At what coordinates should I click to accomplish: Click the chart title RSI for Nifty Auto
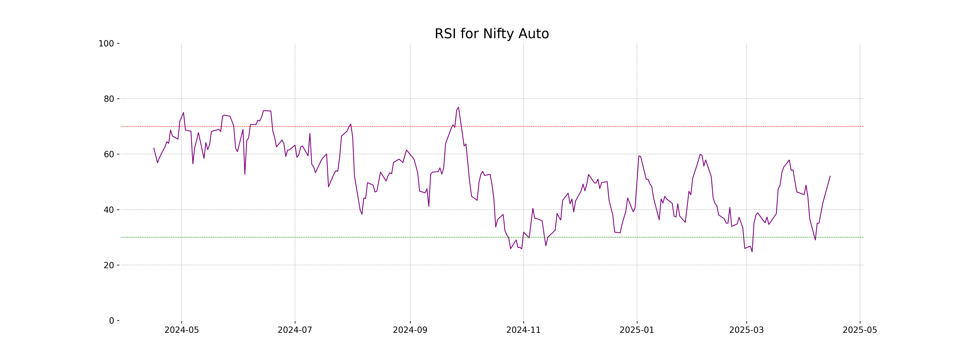click(492, 34)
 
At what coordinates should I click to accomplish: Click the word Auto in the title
click(534, 34)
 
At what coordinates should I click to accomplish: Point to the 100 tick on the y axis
click(106, 44)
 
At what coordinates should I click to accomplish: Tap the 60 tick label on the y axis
click(109, 154)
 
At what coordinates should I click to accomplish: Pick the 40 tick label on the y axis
click(109, 210)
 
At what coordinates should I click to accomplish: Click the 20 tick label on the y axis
click(109, 265)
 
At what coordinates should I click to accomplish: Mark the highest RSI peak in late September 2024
click(458, 107)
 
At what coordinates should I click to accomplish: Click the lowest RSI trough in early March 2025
click(752, 252)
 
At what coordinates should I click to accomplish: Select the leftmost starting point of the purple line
click(154, 148)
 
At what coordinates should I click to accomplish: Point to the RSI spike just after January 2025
click(639, 156)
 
